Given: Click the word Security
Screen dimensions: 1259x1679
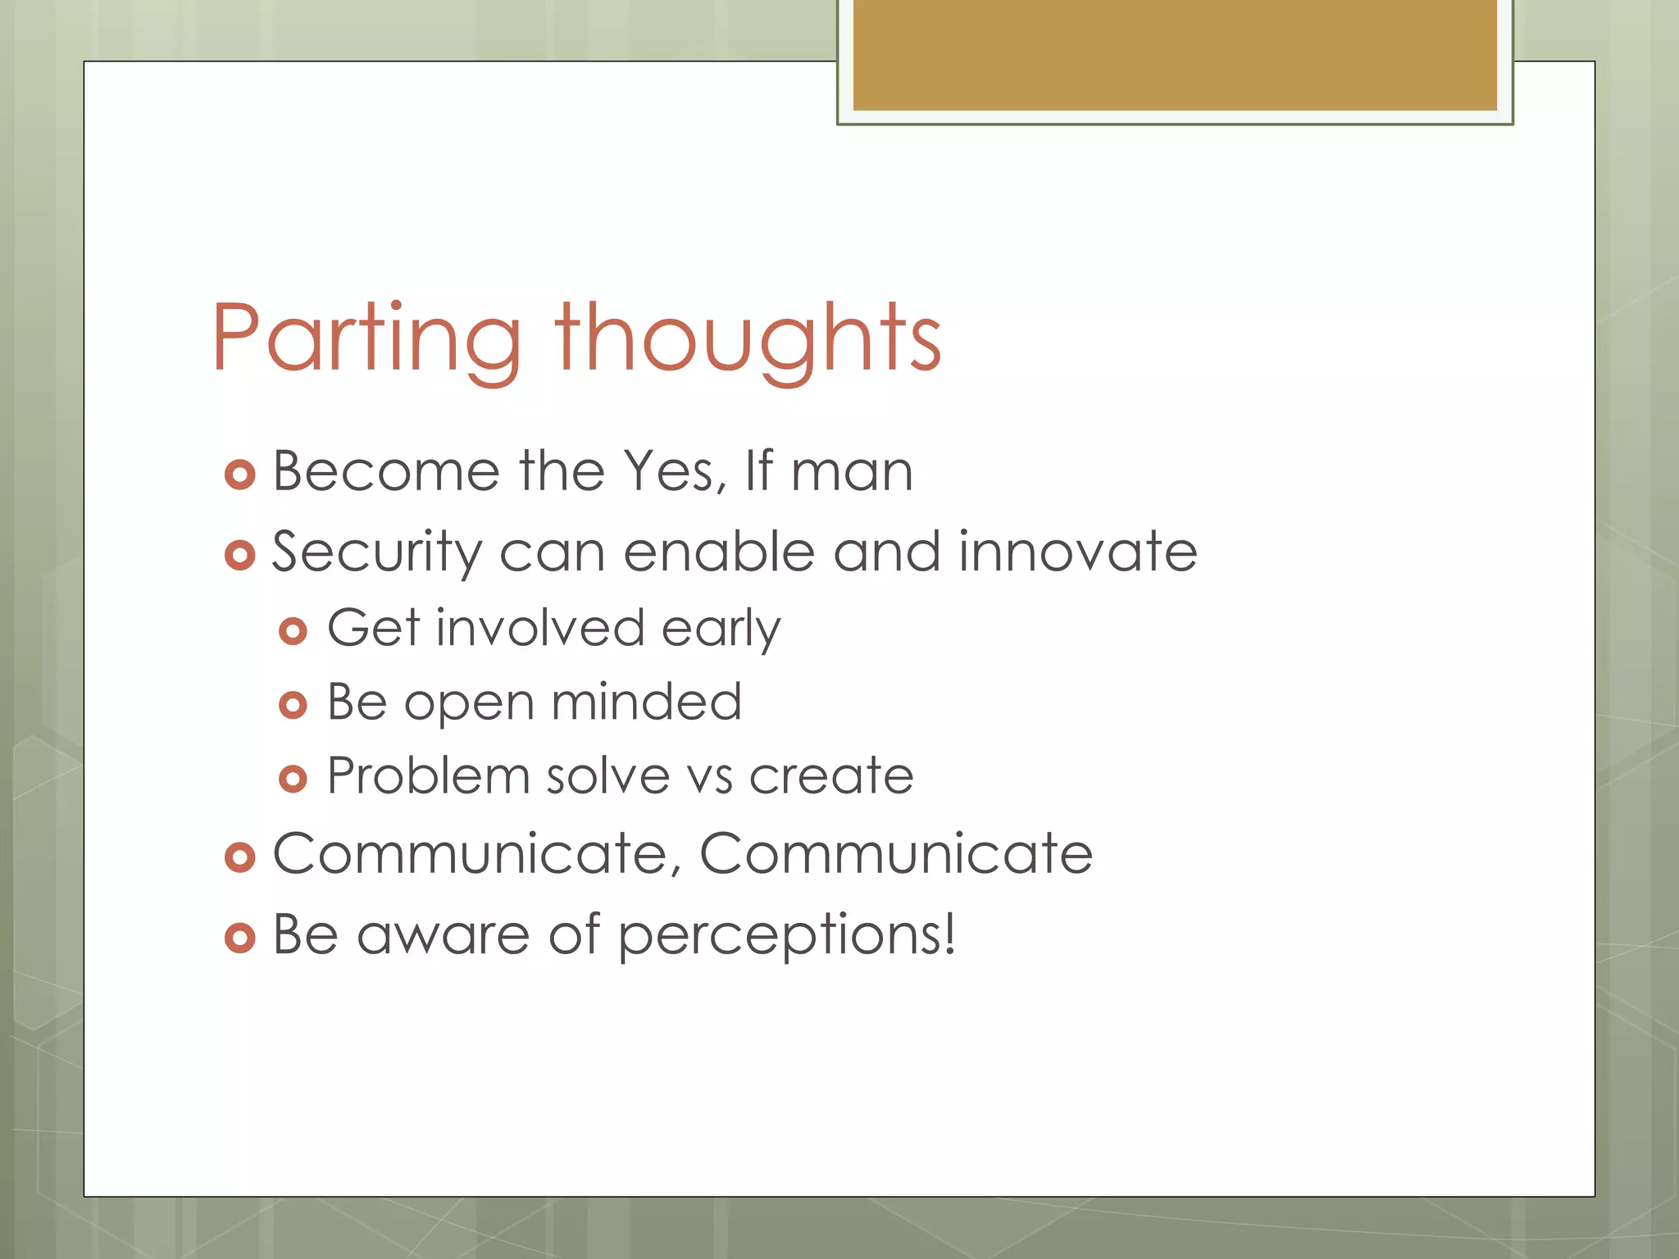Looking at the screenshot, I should pyautogui.click(x=376, y=552).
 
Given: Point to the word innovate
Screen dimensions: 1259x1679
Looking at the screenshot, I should pyautogui.click(x=1078, y=552).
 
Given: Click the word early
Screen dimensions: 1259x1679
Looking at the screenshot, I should pyautogui.click(x=721, y=629).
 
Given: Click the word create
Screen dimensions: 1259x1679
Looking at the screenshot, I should pyautogui.click(x=831, y=777).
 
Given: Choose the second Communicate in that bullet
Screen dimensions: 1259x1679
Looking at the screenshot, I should pyautogui.click(x=896, y=854).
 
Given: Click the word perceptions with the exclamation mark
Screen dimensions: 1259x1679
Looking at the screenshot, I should pyautogui.click(x=786, y=935).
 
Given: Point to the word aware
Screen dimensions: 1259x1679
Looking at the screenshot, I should pyautogui.click(x=444, y=935).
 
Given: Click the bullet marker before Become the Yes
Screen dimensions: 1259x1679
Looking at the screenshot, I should pyautogui.click(x=240, y=475).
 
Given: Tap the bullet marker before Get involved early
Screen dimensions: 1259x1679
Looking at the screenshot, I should pyautogui.click(x=293, y=631).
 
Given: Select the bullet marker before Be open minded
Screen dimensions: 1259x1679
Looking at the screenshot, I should pyautogui.click(x=293, y=705).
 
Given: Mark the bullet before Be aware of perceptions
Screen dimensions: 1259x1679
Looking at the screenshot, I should pyautogui.click(x=240, y=938).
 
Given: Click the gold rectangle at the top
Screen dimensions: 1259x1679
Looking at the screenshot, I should pyautogui.click(x=1175, y=55).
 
